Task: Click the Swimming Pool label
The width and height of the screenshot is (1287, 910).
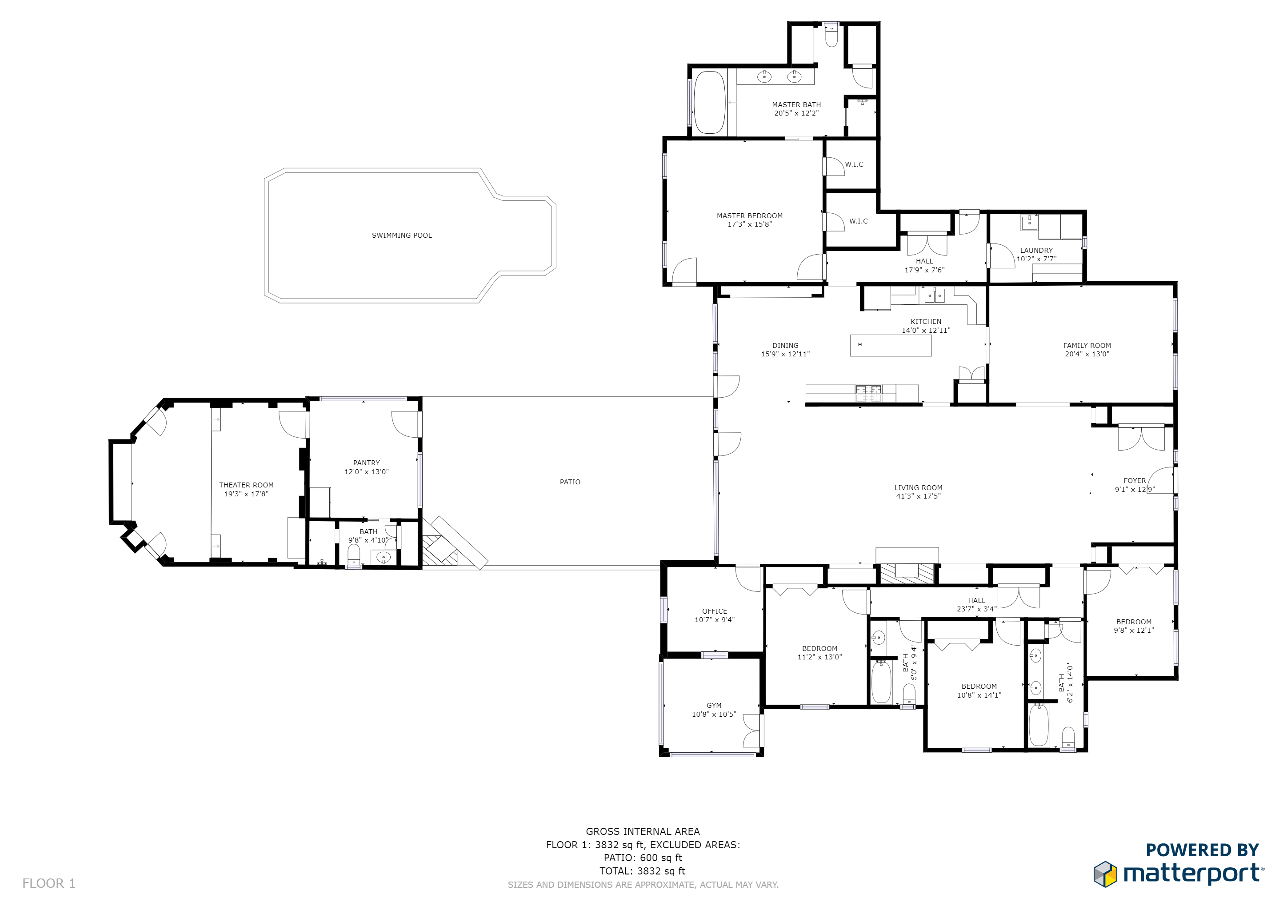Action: pos(402,235)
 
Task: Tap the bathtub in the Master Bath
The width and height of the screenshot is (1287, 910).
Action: pos(709,102)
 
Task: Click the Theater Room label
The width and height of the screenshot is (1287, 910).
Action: pos(246,485)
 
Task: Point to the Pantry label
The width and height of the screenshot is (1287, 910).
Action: pos(367,463)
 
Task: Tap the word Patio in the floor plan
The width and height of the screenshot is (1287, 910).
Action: pos(570,482)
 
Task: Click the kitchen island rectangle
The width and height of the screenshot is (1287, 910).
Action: pos(891,345)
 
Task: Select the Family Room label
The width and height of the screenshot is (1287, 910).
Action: pos(1087,346)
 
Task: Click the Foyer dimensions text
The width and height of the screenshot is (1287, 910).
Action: pos(1135,490)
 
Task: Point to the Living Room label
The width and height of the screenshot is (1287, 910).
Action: pos(918,488)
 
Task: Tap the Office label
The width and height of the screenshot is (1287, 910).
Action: pos(715,611)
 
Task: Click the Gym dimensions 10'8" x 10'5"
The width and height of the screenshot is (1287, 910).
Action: pos(714,714)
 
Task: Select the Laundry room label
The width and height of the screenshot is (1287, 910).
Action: pos(1036,251)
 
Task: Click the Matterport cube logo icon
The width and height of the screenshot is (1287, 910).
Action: pos(1105,874)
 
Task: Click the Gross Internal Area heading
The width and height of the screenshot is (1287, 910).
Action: pos(643,831)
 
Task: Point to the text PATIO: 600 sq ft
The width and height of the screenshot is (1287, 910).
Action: pos(643,858)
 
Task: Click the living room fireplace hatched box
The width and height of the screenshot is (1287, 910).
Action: pos(907,575)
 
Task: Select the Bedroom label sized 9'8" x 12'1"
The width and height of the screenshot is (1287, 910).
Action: pos(1134,622)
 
